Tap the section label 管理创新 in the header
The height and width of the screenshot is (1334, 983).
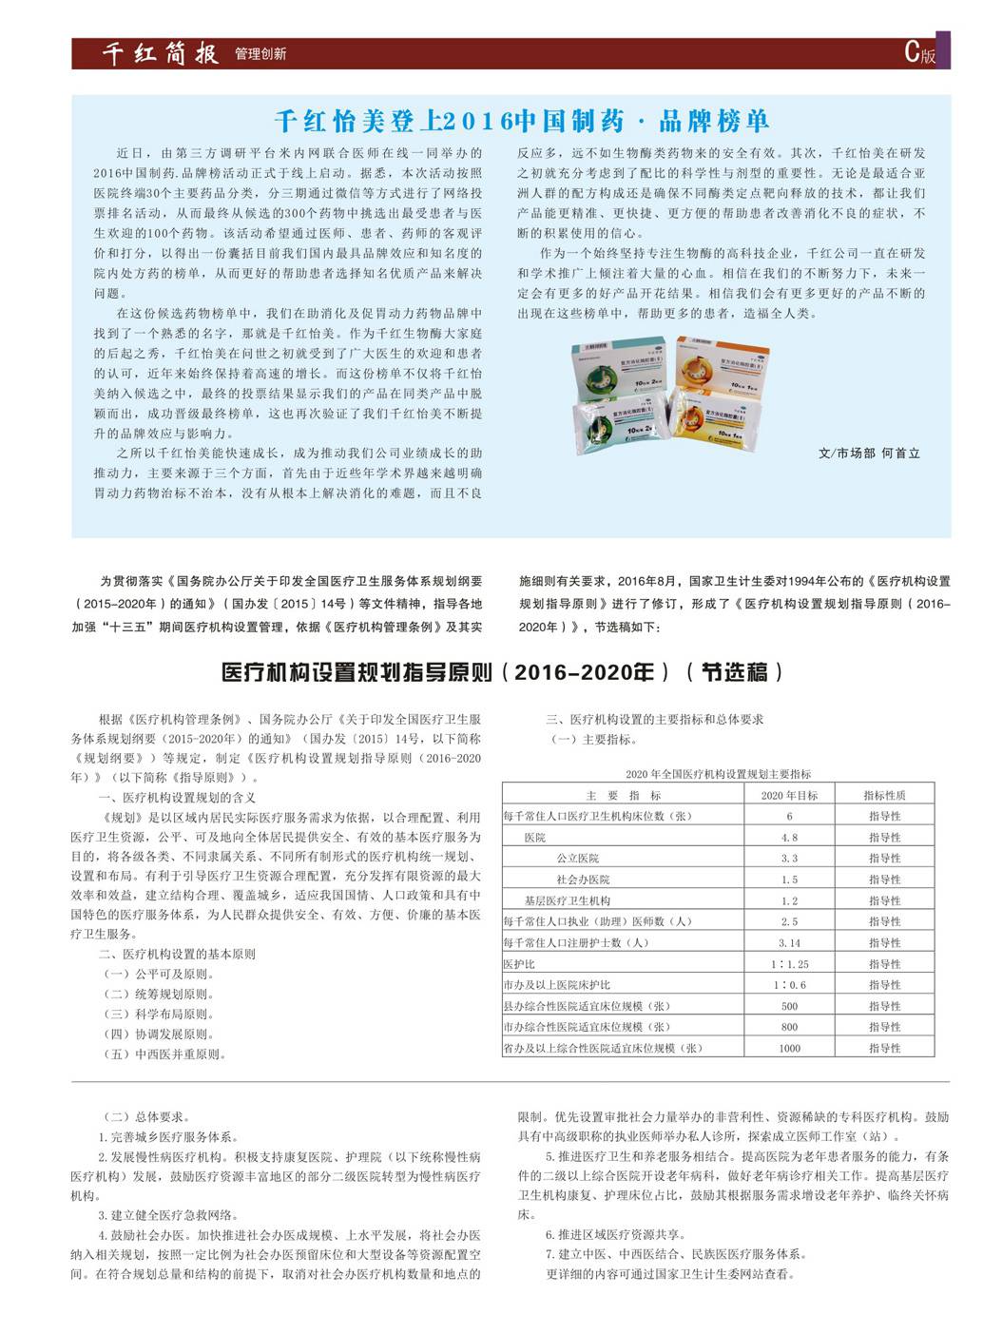tap(260, 55)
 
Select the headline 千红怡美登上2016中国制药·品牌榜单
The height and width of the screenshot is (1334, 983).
tap(522, 122)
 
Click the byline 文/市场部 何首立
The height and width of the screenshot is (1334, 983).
tap(869, 454)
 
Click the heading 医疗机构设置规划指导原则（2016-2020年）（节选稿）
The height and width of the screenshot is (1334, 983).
tap(503, 672)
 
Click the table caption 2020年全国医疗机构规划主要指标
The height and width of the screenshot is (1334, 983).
tap(718, 774)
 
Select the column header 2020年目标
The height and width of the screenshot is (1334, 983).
tap(789, 795)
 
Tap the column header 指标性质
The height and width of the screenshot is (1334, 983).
tap(884, 795)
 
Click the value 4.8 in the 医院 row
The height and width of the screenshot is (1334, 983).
tap(789, 838)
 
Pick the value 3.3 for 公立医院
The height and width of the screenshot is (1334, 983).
tap(789, 859)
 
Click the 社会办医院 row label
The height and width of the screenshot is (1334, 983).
tap(583, 880)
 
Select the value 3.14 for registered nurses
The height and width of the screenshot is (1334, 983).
tap(789, 943)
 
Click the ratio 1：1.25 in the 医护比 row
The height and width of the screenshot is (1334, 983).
tap(789, 964)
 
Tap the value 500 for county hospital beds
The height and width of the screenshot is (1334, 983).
tap(789, 1006)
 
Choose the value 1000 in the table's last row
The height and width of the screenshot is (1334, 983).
tap(789, 1048)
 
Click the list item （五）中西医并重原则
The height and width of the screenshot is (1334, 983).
tap(165, 1054)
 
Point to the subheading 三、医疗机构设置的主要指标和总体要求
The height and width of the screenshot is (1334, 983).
tap(654, 720)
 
